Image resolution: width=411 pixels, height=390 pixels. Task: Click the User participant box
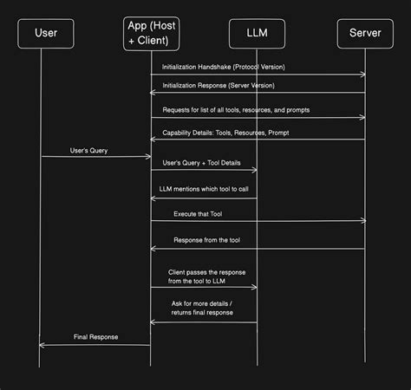(46, 33)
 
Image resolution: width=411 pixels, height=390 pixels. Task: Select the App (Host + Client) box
(151, 33)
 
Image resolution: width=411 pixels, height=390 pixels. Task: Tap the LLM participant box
(257, 33)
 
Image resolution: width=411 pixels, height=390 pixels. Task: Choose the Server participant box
(364, 33)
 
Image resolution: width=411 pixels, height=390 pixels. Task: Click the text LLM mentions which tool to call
(205, 188)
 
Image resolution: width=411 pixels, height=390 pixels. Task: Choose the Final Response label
(95, 336)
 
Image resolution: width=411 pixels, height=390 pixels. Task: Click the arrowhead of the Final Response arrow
(42, 344)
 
